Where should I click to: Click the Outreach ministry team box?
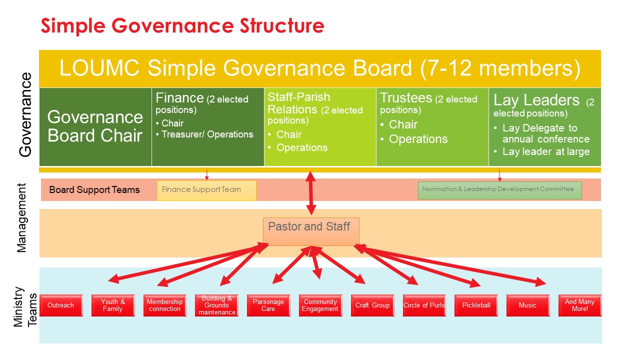click(x=60, y=305)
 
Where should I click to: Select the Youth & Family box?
click(x=113, y=305)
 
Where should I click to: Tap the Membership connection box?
click(x=164, y=305)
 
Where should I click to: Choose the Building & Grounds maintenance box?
click(x=216, y=305)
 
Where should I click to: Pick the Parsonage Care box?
click(x=268, y=305)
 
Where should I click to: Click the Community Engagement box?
click(x=320, y=305)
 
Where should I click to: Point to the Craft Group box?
click(x=372, y=305)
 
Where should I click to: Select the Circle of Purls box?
click(x=424, y=305)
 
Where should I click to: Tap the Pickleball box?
click(x=476, y=305)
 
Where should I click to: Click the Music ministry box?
click(x=527, y=305)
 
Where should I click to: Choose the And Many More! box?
click(x=579, y=305)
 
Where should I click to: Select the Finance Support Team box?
click(x=206, y=190)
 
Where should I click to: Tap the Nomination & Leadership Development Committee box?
click(x=499, y=190)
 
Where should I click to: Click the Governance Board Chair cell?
click(x=95, y=126)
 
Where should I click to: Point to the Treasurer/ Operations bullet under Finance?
click(x=207, y=134)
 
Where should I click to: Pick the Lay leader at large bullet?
click(x=546, y=151)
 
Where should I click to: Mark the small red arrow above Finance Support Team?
click(x=206, y=174)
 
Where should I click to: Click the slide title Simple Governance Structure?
click(x=182, y=25)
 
